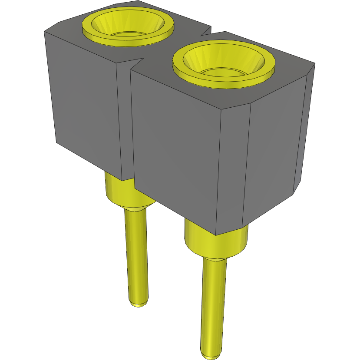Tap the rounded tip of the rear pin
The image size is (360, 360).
(x=139, y=302)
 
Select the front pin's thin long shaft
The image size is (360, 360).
(x=214, y=304)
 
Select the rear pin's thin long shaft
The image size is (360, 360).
(x=136, y=256)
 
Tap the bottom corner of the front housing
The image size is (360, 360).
(x=216, y=234)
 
